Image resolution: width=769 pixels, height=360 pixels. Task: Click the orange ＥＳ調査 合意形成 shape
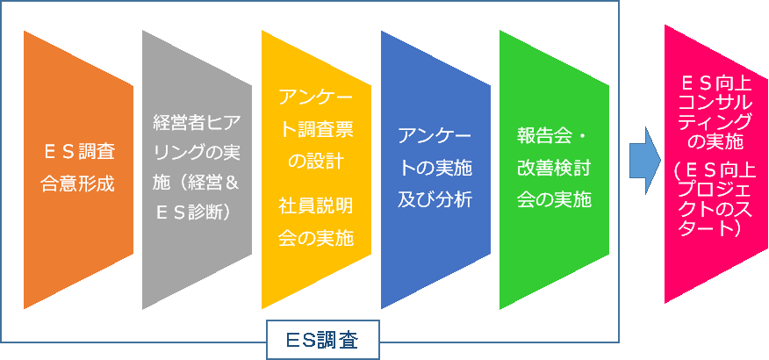point(78,169)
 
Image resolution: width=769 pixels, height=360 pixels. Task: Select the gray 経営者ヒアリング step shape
point(198,169)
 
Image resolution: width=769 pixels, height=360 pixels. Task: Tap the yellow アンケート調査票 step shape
point(316,169)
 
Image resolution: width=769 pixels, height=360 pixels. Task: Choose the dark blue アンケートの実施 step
point(435,169)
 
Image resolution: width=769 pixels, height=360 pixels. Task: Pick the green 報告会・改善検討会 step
point(554,169)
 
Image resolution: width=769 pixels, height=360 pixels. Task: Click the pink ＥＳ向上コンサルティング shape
point(716,164)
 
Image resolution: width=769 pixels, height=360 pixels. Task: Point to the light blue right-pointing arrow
point(645,161)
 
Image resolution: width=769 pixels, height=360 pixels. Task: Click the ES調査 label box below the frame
point(323,340)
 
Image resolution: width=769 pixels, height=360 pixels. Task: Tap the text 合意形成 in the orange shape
point(78,184)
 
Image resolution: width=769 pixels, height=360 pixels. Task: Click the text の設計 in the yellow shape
point(316,161)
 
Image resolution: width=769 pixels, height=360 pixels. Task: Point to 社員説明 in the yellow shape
point(316,206)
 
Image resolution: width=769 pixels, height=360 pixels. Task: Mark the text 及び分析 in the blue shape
point(435,199)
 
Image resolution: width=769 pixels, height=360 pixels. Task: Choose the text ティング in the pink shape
point(716,121)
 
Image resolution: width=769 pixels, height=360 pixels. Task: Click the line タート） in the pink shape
point(715,229)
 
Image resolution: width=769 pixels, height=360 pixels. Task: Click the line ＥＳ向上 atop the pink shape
point(716,84)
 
